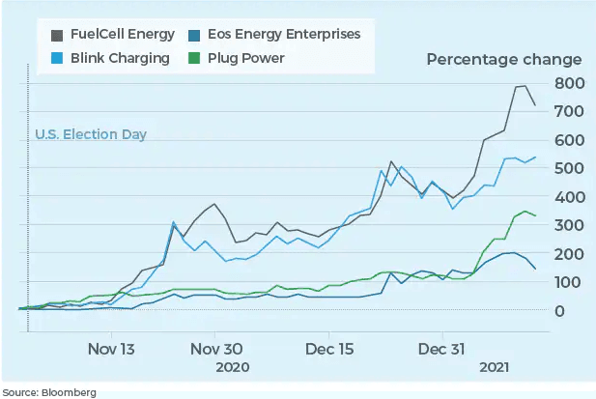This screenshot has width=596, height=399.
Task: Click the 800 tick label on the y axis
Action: click(x=568, y=84)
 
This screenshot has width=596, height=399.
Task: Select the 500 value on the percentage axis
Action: click(x=568, y=168)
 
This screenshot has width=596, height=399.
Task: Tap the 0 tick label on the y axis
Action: click(x=558, y=310)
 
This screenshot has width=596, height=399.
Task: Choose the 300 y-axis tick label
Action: click(x=568, y=225)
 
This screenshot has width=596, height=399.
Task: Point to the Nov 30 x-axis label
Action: click(x=216, y=349)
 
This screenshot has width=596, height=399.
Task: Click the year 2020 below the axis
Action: click(x=232, y=368)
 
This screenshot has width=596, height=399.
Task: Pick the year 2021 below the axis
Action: click(x=494, y=368)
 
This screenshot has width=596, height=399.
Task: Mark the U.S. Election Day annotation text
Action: click(x=91, y=134)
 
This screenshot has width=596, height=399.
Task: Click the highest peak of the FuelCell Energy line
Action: click(x=525, y=86)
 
